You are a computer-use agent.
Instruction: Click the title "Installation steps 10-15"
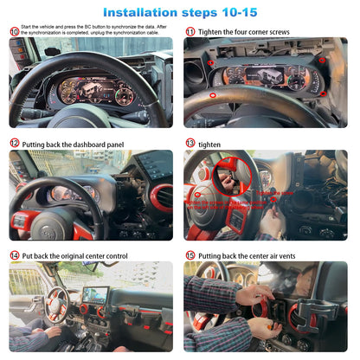tap(179, 13)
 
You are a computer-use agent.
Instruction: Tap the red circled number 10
tap(13, 32)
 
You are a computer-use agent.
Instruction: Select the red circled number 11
tap(190, 31)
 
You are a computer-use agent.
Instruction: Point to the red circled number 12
tap(14, 143)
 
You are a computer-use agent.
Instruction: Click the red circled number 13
tap(190, 143)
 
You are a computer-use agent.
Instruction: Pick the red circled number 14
tap(14, 255)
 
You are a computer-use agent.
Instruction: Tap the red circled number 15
tap(190, 255)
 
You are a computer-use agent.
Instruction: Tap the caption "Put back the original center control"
tap(74, 255)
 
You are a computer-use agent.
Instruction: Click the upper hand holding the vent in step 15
tap(253, 294)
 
